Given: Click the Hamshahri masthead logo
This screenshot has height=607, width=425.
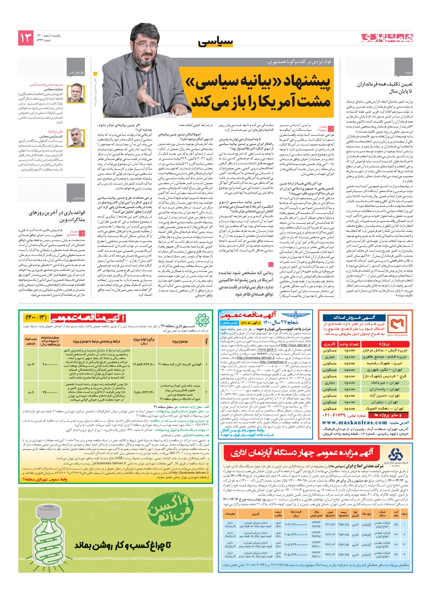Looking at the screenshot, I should pyautogui.click(x=387, y=38).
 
